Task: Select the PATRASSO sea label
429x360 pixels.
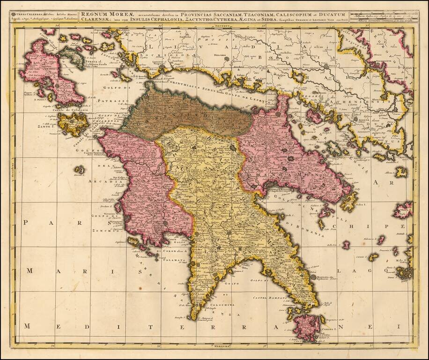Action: [116, 100]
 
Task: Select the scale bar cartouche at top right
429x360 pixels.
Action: [382, 17]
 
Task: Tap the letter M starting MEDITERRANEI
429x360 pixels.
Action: [28, 326]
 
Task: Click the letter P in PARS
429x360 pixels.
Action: [27, 223]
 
